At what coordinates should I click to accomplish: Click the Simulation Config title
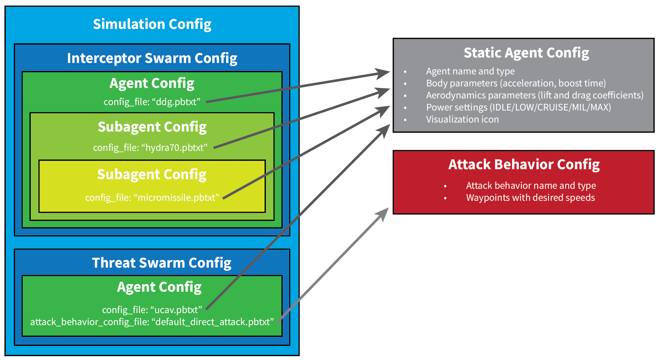[x=152, y=24]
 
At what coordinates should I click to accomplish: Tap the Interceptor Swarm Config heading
[x=152, y=58]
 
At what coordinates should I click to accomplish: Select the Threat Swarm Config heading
[x=162, y=263]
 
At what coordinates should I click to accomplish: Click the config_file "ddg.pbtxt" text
[x=152, y=102]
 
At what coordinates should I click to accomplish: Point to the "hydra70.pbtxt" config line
[x=150, y=147]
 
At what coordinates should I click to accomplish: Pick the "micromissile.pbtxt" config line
[x=152, y=197]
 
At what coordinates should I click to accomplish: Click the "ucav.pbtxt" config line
[x=152, y=310]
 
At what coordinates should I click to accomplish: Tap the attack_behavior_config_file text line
[x=152, y=322]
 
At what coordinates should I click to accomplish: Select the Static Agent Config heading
[x=526, y=53]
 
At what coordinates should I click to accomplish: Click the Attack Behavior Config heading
[x=524, y=164]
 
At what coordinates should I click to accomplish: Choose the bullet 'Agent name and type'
[x=470, y=71]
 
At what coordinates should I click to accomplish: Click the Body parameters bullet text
[x=516, y=83]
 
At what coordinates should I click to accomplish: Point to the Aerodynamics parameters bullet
[x=535, y=95]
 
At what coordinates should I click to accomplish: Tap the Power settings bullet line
[x=518, y=107]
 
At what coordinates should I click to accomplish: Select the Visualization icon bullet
[x=462, y=119]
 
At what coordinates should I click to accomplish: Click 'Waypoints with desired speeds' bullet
[x=530, y=198]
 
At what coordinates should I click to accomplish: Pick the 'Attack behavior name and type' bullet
[x=531, y=186]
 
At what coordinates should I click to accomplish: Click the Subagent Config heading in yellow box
[x=152, y=175]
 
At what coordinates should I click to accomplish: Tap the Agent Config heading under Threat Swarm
[x=159, y=287]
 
